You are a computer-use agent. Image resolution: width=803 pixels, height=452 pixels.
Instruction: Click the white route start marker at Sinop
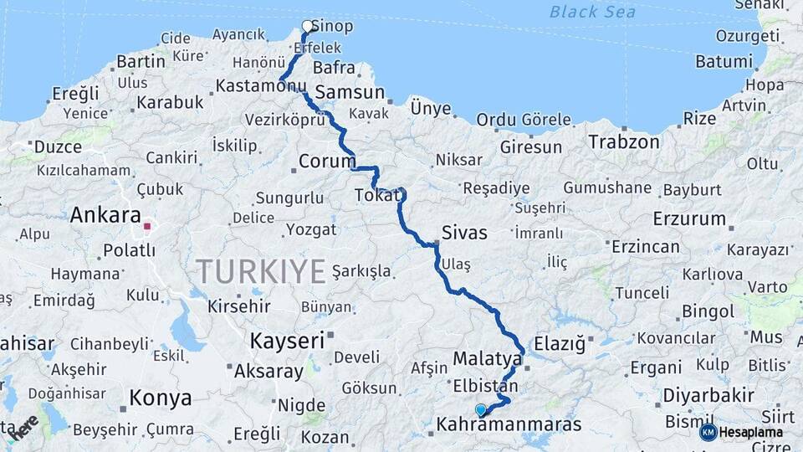tap(308, 26)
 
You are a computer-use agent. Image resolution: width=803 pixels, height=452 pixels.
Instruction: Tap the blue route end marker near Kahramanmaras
tap(480, 410)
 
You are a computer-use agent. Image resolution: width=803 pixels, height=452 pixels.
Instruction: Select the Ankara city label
tap(105, 215)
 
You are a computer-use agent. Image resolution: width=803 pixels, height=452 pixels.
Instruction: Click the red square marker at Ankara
tap(147, 226)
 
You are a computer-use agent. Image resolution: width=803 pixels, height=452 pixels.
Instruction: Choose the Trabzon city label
tap(623, 142)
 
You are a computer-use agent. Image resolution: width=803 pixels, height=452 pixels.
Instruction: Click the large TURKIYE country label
tap(260, 271)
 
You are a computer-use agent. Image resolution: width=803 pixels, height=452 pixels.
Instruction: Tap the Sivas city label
tap(464, 233)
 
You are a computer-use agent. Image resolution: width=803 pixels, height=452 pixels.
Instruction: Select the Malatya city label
tap(487, 358)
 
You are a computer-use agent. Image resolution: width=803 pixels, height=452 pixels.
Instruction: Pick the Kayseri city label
tap(287, 341)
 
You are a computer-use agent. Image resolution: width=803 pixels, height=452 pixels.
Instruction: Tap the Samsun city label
tap(349, 93)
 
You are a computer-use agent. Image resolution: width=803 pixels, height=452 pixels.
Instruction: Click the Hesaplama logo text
tap(751, 432)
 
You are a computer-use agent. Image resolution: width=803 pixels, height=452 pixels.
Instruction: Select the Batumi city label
tap(724, 62)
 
